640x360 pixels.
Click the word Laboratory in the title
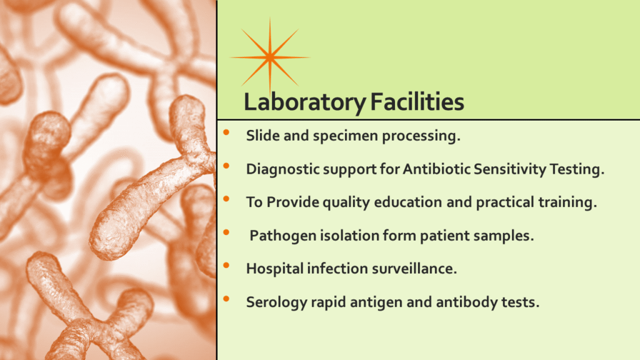tap(304, 102)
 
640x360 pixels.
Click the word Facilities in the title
tap(417, 101)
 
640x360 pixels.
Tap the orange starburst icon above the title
tap(270, 57)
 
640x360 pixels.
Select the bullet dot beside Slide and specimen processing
tap(226, 132)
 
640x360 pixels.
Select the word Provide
tap(292, 202)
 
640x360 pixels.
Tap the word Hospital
tap(274, 269)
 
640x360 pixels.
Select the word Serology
tap(276, 302)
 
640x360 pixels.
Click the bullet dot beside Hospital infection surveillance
tap(226, 266)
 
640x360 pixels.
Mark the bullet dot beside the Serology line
tap(226, 299)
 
